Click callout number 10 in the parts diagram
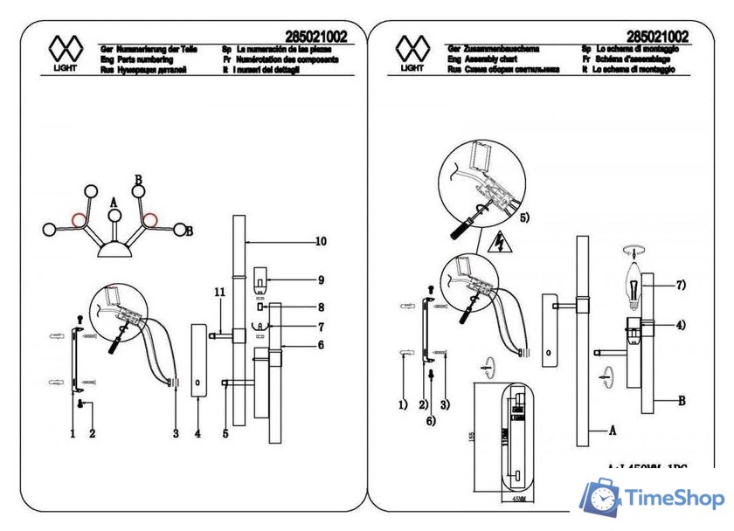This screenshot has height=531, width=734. click(321, 240)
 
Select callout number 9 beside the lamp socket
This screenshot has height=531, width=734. click(321, 280)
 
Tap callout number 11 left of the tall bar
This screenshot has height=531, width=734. click(219, 290)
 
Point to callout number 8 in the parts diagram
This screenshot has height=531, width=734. click(321, 307)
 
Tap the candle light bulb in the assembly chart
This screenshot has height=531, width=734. click(633, 280)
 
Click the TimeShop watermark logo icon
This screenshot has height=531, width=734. click(599, 499)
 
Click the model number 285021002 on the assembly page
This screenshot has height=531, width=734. click(659, 36)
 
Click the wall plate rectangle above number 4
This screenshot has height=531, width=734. click(197, 360)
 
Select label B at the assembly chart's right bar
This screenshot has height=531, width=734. click(681, 400)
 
